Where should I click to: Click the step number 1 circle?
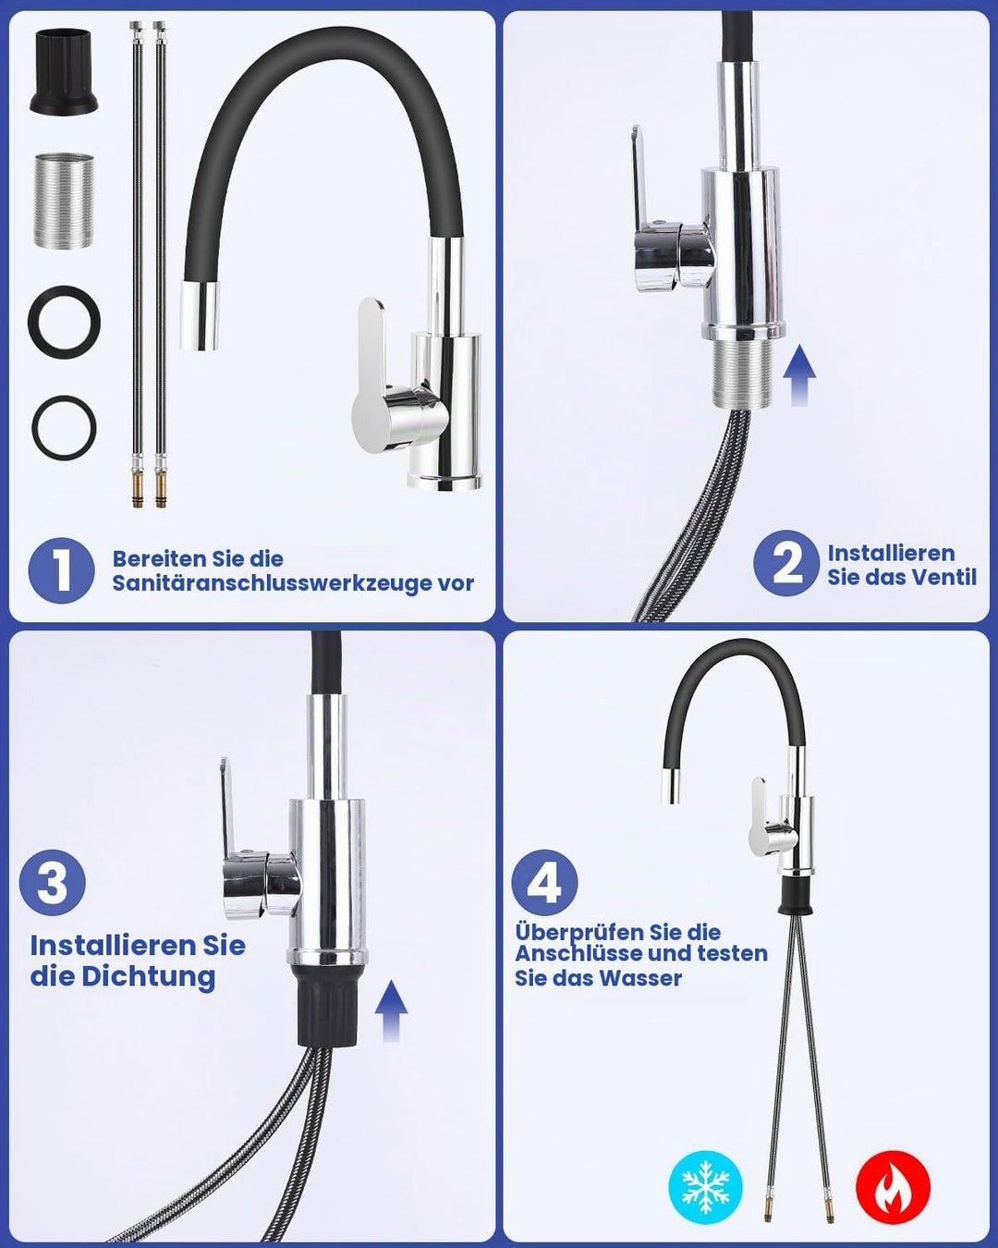[62, 570]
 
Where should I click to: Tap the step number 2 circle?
[786, 563]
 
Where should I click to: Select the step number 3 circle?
[53, 883]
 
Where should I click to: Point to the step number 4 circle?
[544, 883]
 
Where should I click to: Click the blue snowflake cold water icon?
[705, 1187]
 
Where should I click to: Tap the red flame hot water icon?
[893, 1187]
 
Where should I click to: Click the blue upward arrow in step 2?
[799, 374]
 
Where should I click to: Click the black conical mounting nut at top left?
[64, 71]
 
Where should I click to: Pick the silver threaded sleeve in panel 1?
[64, 201]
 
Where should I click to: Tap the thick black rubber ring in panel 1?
[64, 322]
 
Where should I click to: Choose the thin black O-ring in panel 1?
[64, 428]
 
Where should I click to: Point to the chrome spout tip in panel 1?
[201, 316]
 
